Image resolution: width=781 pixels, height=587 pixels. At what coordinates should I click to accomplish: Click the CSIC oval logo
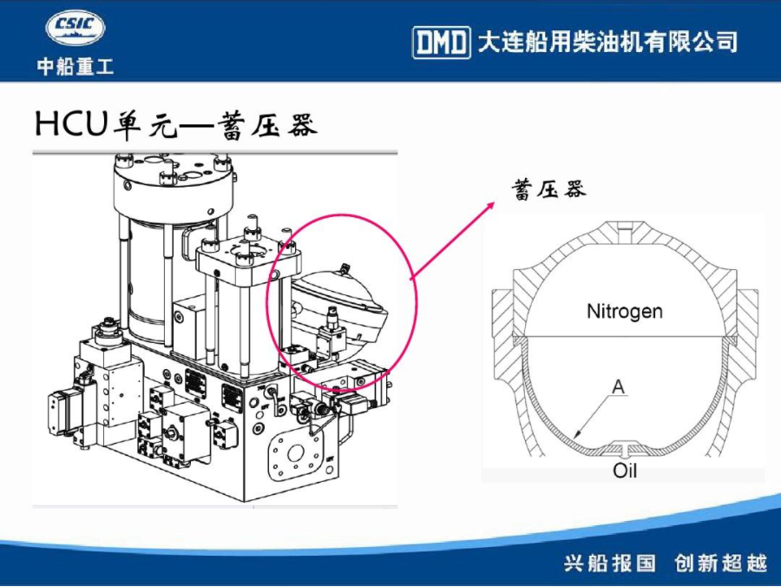pyautogui.click(x=75, y=29)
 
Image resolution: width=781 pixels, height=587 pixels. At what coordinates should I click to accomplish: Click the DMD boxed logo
pyautogui.click(x=442, y=43)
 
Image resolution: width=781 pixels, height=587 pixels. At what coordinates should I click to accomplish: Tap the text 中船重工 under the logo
pyautogui.click(x=75, y=66)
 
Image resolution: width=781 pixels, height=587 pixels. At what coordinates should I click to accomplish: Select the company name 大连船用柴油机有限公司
pyautogui.click(x=607, y=42)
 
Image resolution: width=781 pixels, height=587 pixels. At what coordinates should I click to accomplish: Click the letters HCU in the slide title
pyautogui.click(x=71, y=123)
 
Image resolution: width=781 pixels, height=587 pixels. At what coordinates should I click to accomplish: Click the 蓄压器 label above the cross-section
pyautogui.click(x=548, y=190)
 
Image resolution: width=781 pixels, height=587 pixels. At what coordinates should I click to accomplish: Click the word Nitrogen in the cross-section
pyautogui.click(x=625, y=311)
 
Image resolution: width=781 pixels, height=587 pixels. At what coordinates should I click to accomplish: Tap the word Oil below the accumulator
pyautogui.click(x=625, y=470)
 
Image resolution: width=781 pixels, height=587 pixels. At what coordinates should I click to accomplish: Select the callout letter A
pyautogui.click(x=618, y=386)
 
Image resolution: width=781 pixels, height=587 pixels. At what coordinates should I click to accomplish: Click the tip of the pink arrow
pyautogui.click(x=495, y=202)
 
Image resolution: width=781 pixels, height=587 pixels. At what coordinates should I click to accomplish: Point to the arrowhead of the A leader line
pyautogui.click(x=574, y=437)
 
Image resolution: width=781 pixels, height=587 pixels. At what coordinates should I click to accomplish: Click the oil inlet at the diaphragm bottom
pyautogui.click(x=625, y=448)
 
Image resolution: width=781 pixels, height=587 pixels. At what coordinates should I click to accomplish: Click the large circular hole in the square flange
pyautogui.click(x=295, y=453)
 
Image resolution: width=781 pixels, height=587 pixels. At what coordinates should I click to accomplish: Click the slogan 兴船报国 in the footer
pyautogui.click(x=610, y=563)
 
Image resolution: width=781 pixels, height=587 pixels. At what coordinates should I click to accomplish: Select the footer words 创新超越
pyautogui.click(x=720, y=563)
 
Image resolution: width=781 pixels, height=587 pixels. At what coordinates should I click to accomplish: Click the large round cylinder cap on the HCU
pyautogui.click(x=173, y=184)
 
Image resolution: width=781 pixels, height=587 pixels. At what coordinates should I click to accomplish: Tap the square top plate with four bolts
pyautogui.click(x=247, y=255)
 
